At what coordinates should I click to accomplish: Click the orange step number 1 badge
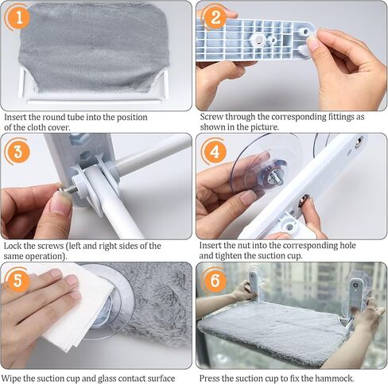[19, 17]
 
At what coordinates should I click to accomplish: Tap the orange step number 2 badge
[215, 17]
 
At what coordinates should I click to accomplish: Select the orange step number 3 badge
[17, 152]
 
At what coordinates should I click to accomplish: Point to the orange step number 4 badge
[215, 152]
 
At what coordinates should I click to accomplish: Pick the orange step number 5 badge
[17, 281]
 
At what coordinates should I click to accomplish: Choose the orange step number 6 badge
[215, 281]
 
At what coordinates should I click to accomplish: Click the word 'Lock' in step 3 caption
[13, 246]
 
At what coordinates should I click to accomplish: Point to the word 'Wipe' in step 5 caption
[11, 378]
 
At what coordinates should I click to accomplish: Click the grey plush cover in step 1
[93, 48]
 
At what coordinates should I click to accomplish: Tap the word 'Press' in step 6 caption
[209, 378]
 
